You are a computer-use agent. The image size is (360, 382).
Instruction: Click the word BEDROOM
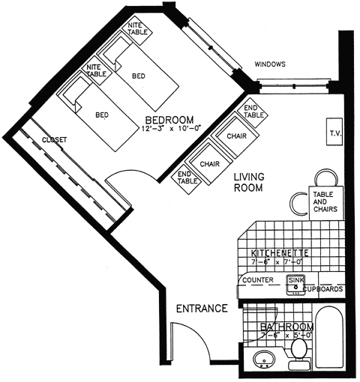pyautogui.click(x=169, y=120)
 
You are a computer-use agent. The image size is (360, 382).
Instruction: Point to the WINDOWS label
pyautogui.click(x=270, y=64)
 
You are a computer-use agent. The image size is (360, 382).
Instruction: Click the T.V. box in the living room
pyautogui.click(x=334, y=133)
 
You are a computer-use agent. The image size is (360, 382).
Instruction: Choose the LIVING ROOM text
pyautogui.click(x=247, y=183)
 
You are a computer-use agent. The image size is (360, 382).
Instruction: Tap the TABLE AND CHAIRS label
pyautogui.click(x=324, y=200)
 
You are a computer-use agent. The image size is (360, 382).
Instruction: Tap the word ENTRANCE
pyautogui.click(x=201, y=309)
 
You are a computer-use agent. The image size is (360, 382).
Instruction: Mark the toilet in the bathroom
pyautogui.click(x=299, y=351)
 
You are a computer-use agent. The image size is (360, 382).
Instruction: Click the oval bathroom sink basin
pyautogui.click(x=263, y=360)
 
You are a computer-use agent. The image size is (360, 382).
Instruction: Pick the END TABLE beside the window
pyautogui.click(x=253, y=111)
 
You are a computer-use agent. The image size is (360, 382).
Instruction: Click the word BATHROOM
pyautogui.click(x=286, y=327)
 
